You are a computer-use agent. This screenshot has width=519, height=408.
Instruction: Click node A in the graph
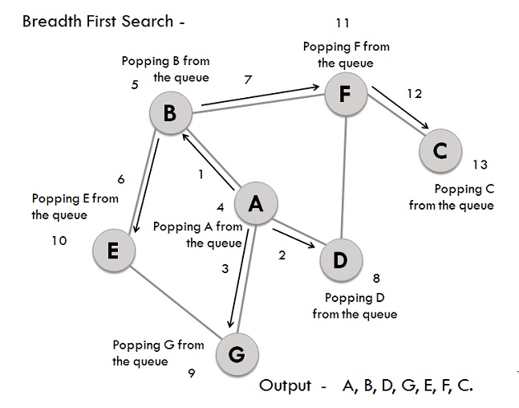pyautogui.click(x=255, y=204)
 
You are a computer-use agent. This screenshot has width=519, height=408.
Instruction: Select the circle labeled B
pyautogui.click(x=170, y=114)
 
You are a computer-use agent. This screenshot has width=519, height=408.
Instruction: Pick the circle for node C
pyautogui.click(x=439, y=150)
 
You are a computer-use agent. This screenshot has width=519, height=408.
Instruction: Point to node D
pyautogui.click(x=340, y=260)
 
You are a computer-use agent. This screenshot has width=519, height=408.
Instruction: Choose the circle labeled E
pyautogui.click(x=112, y=251)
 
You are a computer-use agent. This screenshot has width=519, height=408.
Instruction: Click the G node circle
pyautogui.click(x=236, y=353)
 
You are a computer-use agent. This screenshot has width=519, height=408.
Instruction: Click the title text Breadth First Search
pyautogui.click(x=97, y=22)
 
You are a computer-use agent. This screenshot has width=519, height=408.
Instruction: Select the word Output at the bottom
pyautogui.click(x=285, y=386)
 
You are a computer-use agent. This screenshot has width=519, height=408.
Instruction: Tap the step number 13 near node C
pyautogui.click(x=480, y=165)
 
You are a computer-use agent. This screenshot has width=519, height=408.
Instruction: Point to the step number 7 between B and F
pyautogui.click(x=248, y=79)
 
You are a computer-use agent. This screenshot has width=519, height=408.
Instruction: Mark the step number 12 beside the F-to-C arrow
pyautogui.click(x=414, y=94)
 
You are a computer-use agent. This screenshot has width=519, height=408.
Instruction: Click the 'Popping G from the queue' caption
pyautogui.click(x=158, y=353)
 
